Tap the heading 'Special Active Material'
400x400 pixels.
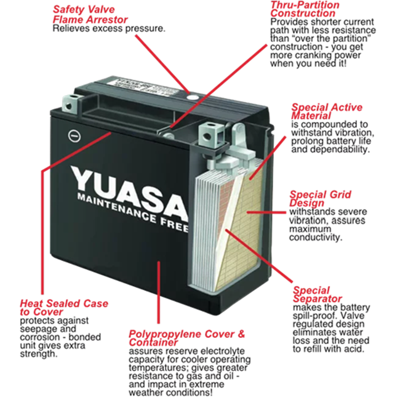pos(327,111)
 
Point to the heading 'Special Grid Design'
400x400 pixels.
pos(321,199)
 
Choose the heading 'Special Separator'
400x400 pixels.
pos(317,295)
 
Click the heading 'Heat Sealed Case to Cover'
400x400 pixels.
pos(63,308)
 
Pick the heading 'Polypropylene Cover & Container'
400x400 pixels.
pos(186,338)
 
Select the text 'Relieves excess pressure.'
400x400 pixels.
pos(109,29)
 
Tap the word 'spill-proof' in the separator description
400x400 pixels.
pos(318,316)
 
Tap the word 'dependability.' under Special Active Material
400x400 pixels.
pos(340,150)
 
